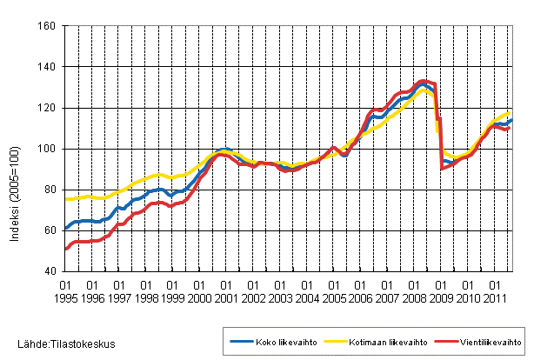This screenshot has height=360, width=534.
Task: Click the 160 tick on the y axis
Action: (49, 26)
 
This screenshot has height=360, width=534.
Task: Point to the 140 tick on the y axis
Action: (49, 67)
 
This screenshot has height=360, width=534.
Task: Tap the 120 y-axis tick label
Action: (49, 108)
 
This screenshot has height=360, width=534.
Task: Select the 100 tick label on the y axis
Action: (49, 149)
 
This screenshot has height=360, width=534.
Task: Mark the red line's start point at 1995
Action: (66, 249)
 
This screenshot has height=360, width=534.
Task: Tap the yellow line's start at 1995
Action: (66, 199)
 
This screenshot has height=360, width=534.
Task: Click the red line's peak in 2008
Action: (422, 81)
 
